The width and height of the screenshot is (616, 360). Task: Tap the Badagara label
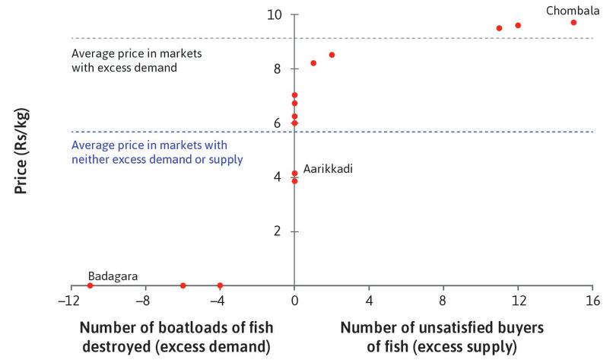pyautogui.click(x=113, y=277)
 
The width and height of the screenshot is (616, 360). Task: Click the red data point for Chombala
pyautogui.click(x=573, y=23)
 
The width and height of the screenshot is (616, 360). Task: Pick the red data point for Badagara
pyautogui.click(x=90, y=285)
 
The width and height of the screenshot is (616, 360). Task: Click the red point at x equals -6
pyautogui.click(x=183, y=285)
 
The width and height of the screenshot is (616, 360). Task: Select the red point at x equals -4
pyautogui.click(x=220, y=285)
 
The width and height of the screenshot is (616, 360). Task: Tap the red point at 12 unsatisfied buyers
pyautogui.click(x=518, y=25)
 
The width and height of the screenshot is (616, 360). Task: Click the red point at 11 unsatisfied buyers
pyautogui.click(x=499, y=28)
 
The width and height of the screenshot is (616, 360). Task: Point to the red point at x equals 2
pyautogui.click(x=332, y=55)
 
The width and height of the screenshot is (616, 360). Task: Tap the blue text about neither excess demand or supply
pyautogui.click(x=156, y=152)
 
